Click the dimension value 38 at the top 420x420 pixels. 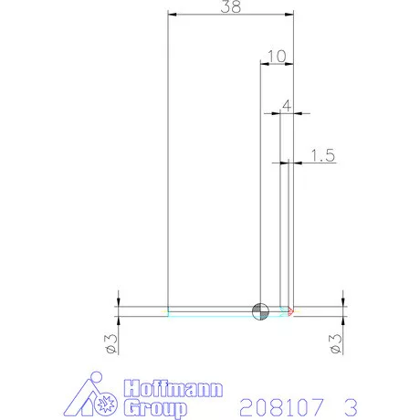tap(231, 6)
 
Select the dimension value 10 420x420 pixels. tap(278, 57)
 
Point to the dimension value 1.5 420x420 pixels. tap(323, 156)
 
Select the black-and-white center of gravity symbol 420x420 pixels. tap(261, 311)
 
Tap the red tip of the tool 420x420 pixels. tap(290, 311)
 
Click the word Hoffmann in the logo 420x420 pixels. tap(165, 388)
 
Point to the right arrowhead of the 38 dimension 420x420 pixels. tap(290, 15)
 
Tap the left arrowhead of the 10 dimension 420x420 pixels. tap(265, 64)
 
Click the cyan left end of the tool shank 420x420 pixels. tap(169, 311)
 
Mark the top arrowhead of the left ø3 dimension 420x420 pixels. tap(119, 302)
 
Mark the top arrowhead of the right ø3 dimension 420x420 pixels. tap(343, 302)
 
